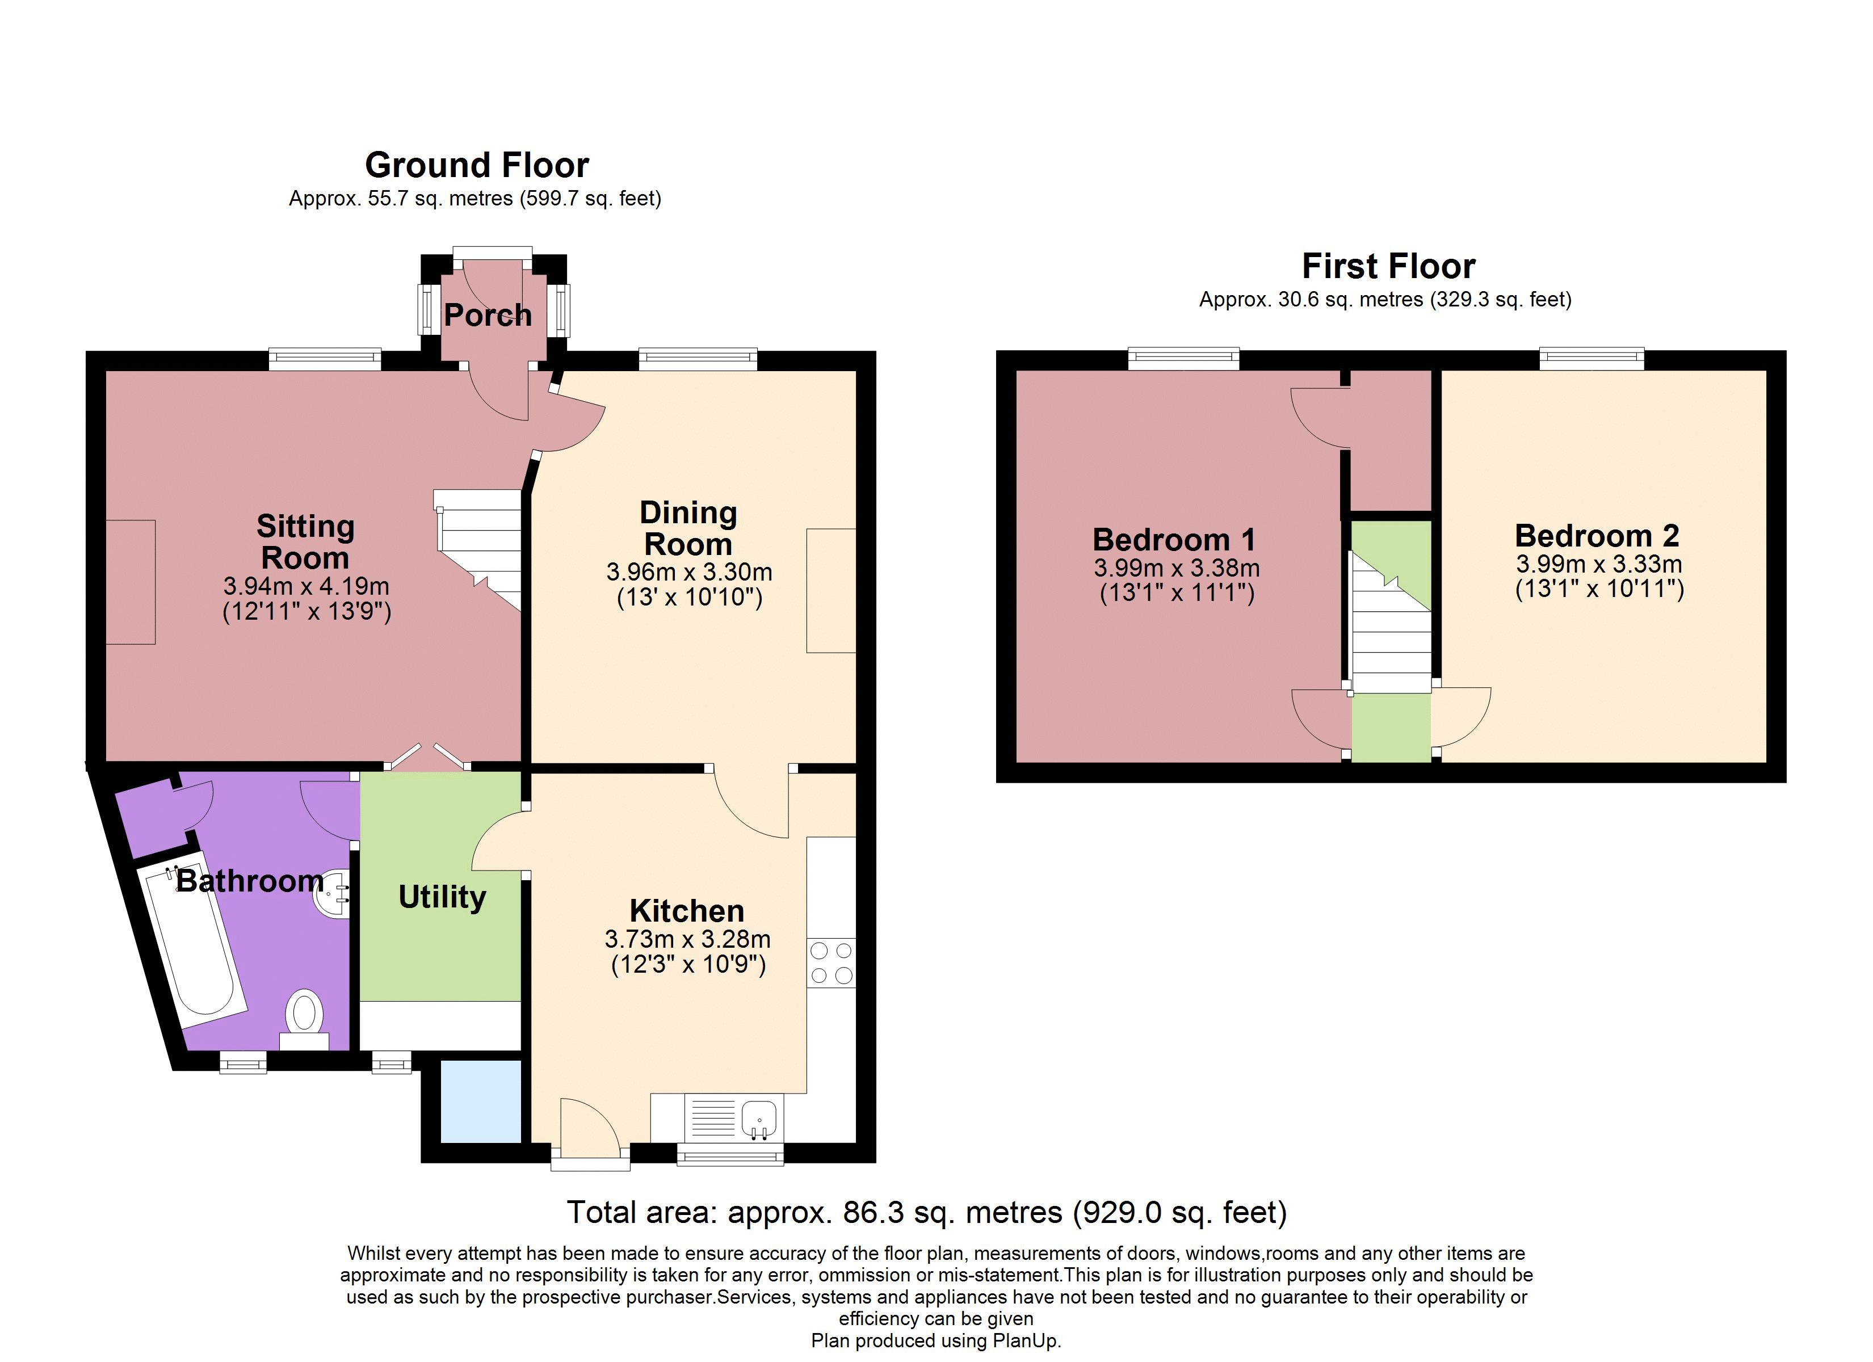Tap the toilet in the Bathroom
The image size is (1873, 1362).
303,1019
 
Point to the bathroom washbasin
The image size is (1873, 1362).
333,892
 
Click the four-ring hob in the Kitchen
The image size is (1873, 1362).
831,962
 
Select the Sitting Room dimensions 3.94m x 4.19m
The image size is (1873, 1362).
306,586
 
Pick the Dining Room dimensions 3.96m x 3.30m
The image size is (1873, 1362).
690,571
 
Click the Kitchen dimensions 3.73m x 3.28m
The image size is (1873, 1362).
688,939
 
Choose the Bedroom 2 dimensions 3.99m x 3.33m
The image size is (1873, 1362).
1599,564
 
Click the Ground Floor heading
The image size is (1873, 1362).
477,165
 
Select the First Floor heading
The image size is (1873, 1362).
1388,266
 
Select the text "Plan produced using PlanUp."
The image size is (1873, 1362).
936,1340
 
